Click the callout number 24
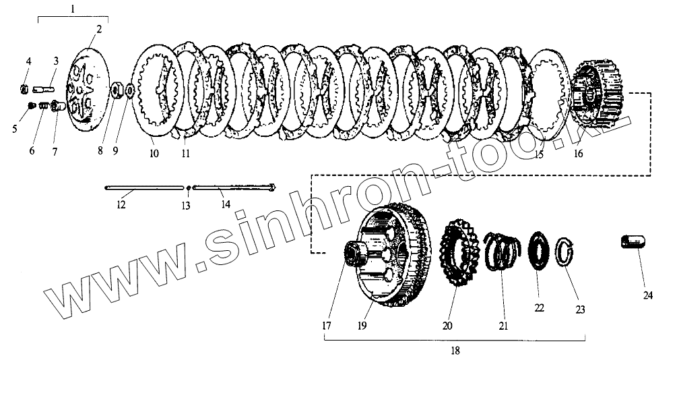point(647,295)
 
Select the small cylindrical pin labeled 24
point(633,241)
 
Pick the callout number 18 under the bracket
point(455,351)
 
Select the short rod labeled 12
point(144,187)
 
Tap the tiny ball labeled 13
point(188,187)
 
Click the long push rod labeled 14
point(234,187)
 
